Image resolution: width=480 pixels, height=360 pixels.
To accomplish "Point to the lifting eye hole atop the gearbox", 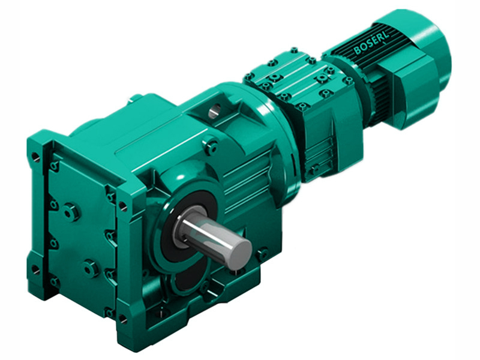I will tap(214, 110).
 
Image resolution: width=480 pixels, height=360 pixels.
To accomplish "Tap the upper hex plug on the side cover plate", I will tap(70, 211).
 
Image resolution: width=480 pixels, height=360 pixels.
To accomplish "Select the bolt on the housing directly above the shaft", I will tap(211, 145).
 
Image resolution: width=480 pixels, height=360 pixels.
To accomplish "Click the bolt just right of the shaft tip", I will tap(262, 254).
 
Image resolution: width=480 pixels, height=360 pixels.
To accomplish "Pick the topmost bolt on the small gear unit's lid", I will tap(294, 50).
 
